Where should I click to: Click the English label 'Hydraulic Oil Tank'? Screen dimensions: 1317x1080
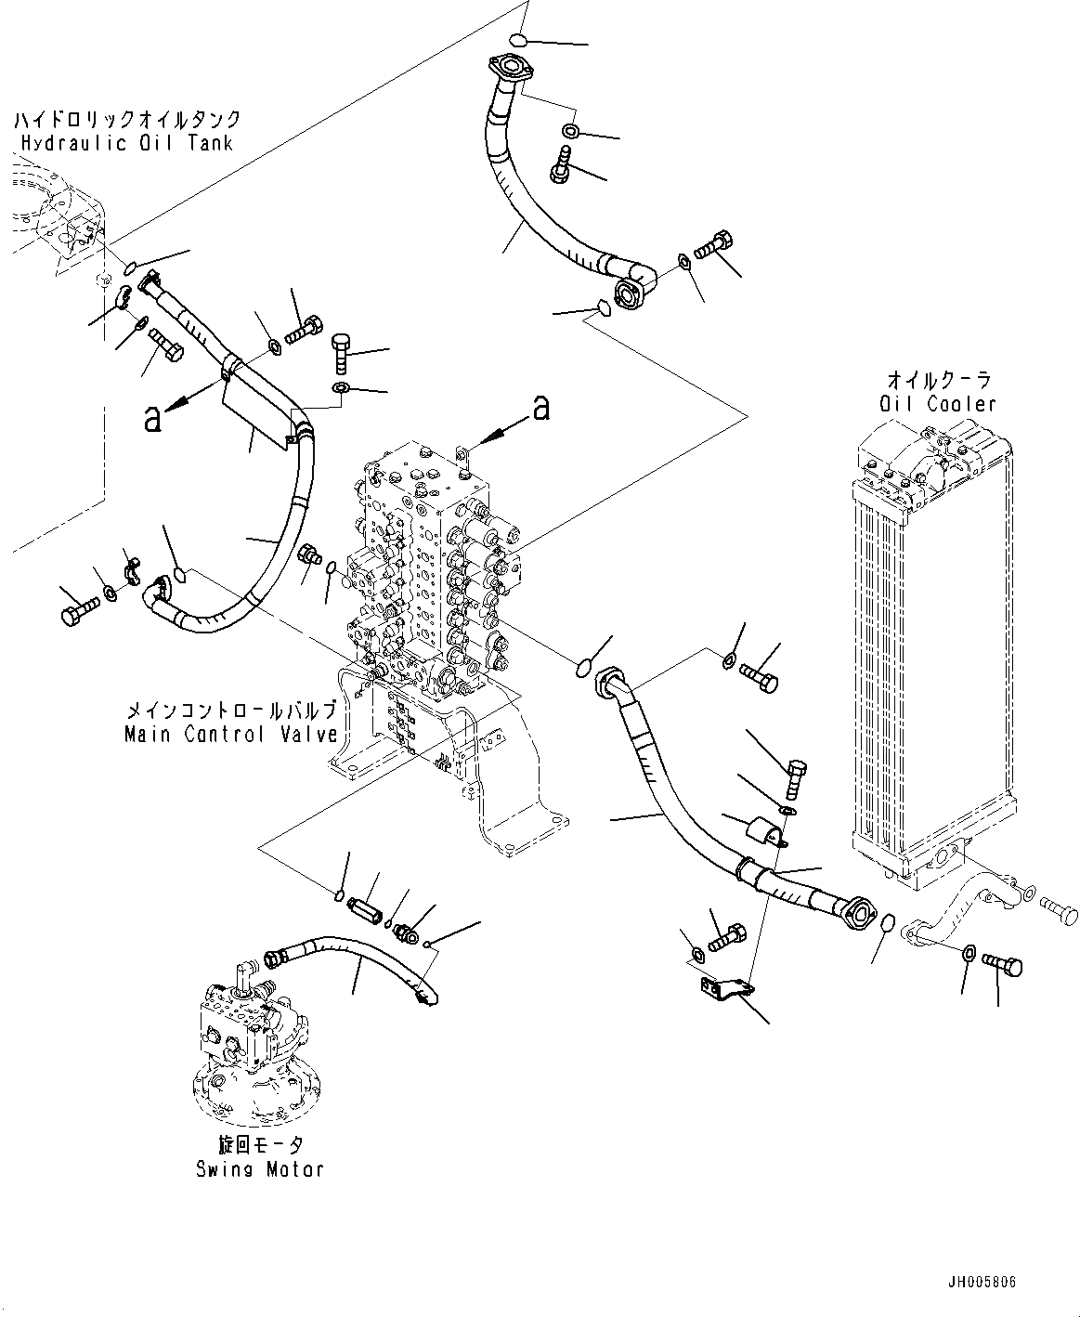127,143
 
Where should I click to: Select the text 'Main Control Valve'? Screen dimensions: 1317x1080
230,734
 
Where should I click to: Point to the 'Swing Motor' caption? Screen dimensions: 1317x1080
259,1168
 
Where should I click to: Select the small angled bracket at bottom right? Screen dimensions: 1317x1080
725,990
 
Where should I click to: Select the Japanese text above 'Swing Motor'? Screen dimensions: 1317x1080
259,1146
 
